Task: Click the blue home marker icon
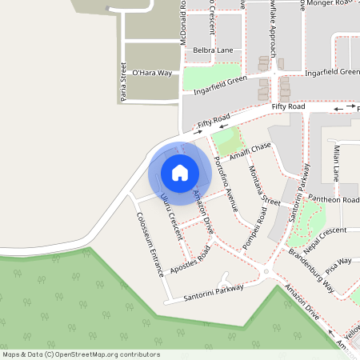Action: pyautogui.click(x=180, y=173)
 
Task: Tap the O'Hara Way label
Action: pyautogui.click(x=152, y=73)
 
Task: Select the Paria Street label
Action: pyautogui.click(x=122, y=83)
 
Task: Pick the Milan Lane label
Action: pyautogui.click(x=337, y=161)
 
